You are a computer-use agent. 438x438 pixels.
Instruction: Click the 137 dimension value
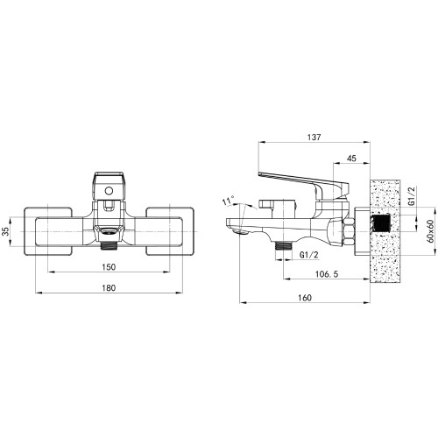pos(314,137)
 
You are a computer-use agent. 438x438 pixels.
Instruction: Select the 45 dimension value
pos(351,159)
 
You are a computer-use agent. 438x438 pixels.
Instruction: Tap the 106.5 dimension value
pos(327,274)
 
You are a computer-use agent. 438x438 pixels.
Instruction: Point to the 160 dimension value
pos(305,298)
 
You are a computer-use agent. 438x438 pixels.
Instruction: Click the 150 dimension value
pos(109,267)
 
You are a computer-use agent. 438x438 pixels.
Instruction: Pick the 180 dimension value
pos(109,288)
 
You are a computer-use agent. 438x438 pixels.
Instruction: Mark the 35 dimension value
pos(6,231)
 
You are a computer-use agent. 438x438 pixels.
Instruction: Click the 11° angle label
pos(228,201)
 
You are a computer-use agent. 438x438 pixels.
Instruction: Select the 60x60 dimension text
pos(430,231)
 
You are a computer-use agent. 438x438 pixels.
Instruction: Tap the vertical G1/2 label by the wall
pos(412,196)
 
